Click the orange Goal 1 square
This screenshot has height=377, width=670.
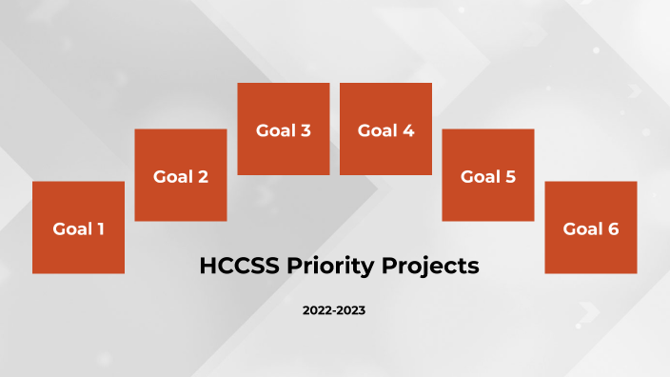[78, 228]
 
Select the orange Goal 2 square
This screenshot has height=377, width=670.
[181, 175]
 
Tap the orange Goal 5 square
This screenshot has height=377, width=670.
[488, 175]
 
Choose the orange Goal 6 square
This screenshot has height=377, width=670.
[590, 228]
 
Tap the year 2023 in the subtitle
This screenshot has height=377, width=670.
[351, 311]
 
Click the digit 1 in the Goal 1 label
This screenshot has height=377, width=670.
[100, 228]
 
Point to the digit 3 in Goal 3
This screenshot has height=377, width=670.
[305, 130]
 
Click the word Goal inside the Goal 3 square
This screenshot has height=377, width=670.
[274, 130]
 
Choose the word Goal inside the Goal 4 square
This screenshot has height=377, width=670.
[377, 130]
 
